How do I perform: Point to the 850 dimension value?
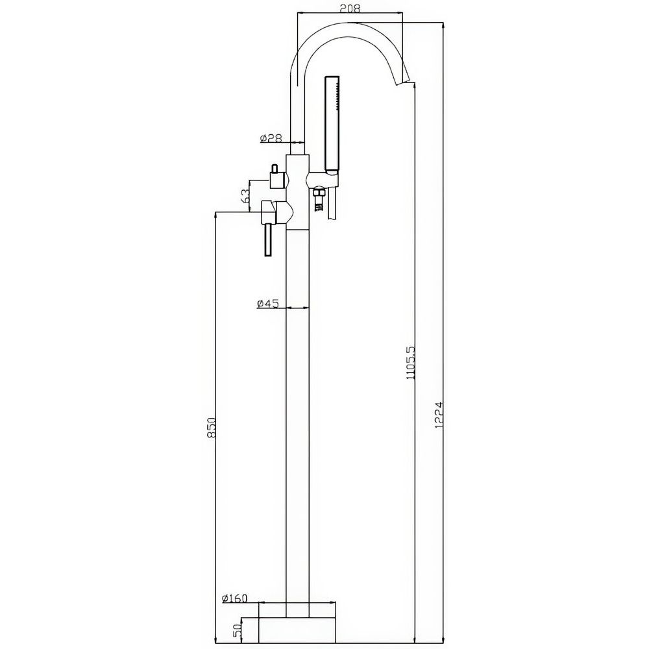pyautogui.click(x=212, y=427)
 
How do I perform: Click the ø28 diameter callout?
pyautogui.click(x=271, y=138)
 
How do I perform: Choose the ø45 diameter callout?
pyautogui.click(x=267, y=303)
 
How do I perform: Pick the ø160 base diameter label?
pyautogui.click(x=234, y=598)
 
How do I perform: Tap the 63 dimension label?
pyautogui.click(x=245, y=196)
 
